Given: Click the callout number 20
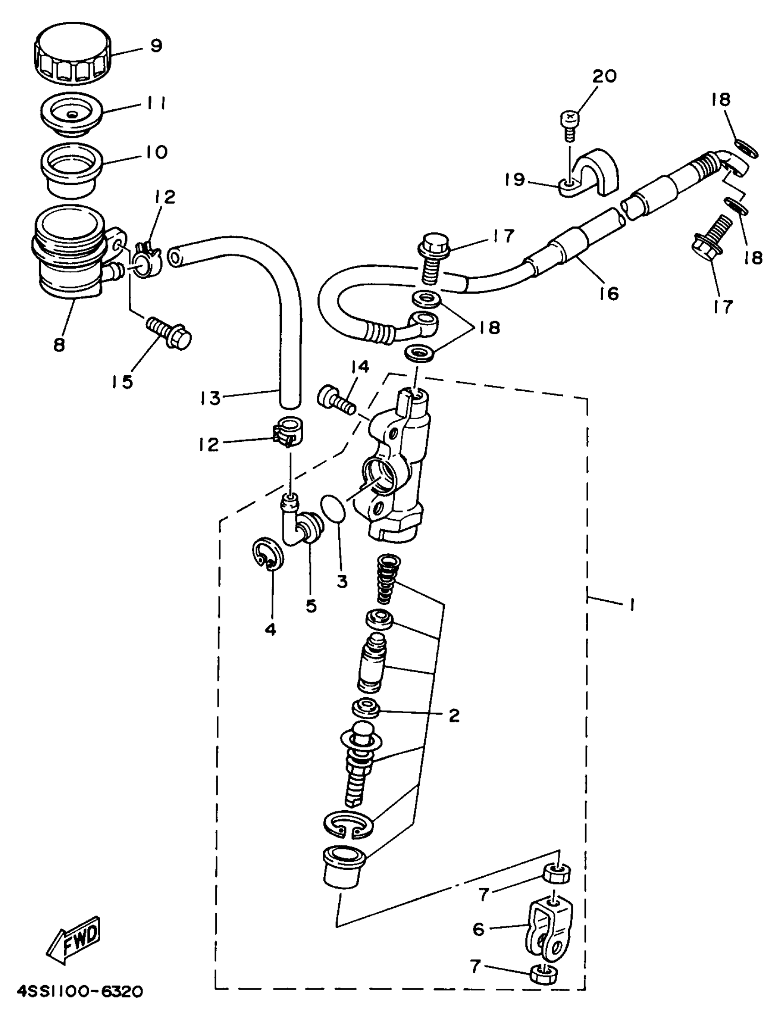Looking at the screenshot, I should pyautogui.click(x=604, y=76).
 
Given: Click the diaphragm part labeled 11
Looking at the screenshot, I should pyautogui.click(x=71, y=115).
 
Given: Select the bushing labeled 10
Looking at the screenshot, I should pyautogui.click(x=71, y=167).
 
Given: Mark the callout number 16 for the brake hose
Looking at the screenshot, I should pyautogui.click(x=609, y=292).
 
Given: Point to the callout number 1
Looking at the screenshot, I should pyautogui.click(x=632, y=603).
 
